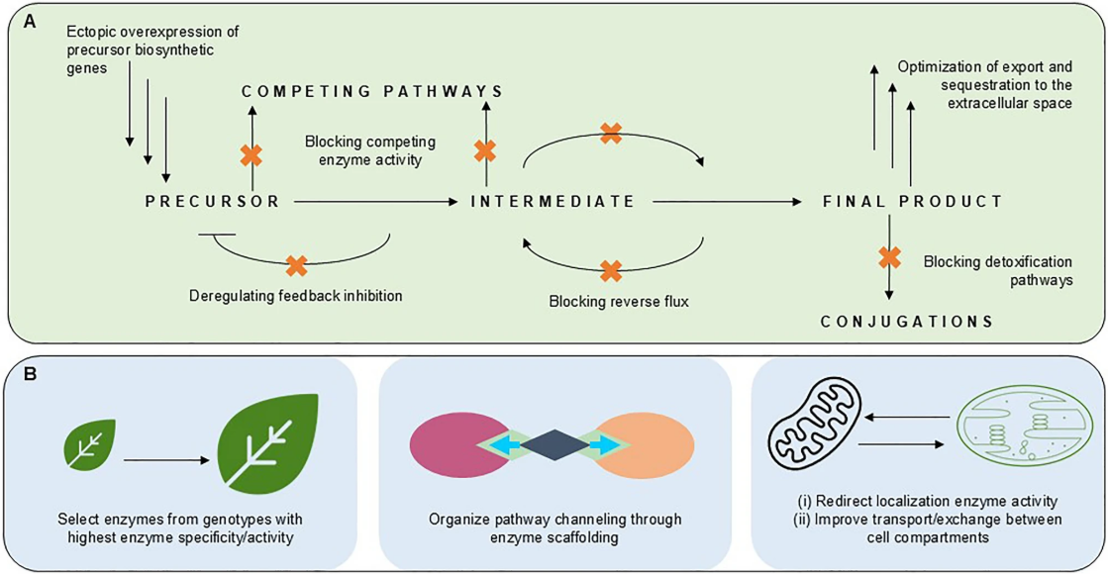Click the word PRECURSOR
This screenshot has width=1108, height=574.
(212, 202)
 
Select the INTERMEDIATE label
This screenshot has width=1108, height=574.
(554, 202)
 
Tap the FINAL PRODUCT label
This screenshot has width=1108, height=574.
(912, 202)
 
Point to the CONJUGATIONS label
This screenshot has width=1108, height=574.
(907, 322)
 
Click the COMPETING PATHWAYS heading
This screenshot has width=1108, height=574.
(372, 91)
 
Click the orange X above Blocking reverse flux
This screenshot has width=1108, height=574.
(611, 270)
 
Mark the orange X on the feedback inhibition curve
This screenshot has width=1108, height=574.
(297, 265)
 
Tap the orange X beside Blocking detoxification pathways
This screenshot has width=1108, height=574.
(889, 257)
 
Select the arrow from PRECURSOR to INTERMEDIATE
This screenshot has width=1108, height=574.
(376, 202)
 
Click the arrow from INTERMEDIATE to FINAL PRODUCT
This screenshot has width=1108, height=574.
(727, 202)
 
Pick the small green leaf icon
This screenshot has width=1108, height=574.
(90, 443)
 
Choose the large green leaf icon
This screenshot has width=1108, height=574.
(267, 444)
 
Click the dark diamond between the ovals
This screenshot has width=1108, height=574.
(554, 444)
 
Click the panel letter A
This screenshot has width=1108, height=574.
(30, 22)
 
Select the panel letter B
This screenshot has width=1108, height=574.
(30, 373)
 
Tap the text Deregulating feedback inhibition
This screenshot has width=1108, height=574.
(295, 295)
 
